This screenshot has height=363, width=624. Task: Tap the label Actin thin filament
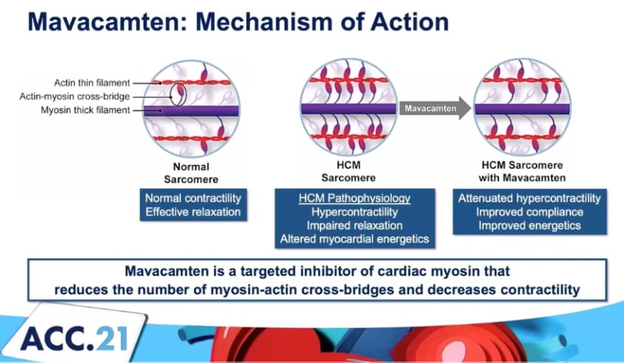(94, 82)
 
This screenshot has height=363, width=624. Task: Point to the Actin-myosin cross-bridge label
(86, 96)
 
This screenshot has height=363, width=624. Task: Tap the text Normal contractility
(193, 198)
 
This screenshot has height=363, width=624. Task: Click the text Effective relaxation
(193, 212)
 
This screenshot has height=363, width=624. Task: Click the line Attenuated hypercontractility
(529, 198)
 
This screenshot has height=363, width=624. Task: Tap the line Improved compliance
(529, 212)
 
